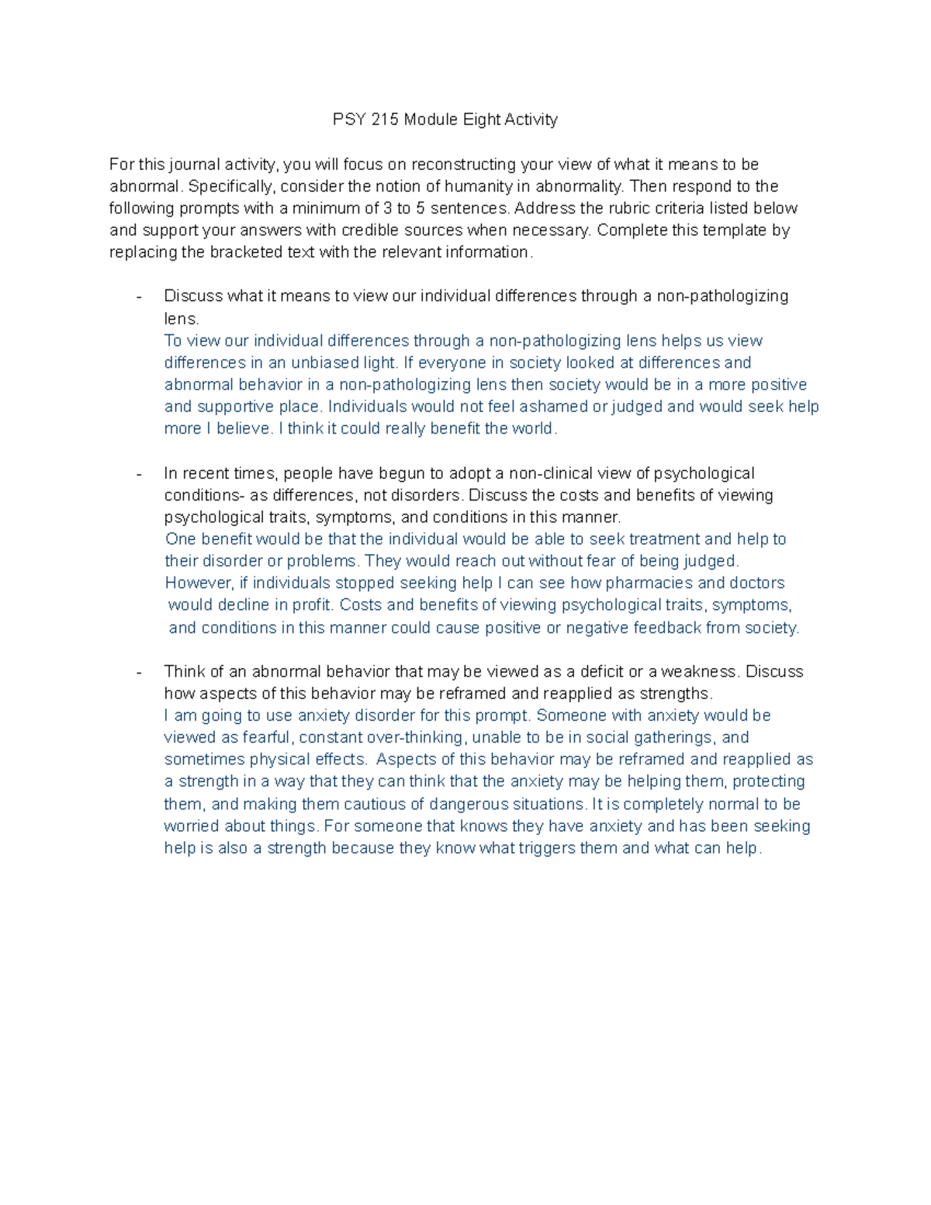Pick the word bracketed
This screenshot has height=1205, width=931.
[x=249, y=252]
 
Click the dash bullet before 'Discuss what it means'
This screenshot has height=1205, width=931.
[x=139, y=296]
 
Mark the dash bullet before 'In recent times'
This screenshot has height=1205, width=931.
[x=139, y=473]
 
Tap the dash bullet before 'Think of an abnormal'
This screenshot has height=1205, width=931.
[x=139, y=672]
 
